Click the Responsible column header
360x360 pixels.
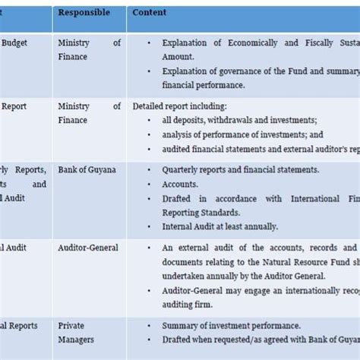coord(84,13)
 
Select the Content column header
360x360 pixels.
coord(149,13)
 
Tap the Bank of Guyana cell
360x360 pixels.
coord(87,170)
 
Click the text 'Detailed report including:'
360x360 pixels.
coord(178,107)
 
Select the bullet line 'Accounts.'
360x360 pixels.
coord(179,184)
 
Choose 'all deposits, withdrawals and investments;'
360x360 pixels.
coord(239,121)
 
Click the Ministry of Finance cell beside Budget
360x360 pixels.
coord(88,50)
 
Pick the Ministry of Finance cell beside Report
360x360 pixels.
coord(88,113)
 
